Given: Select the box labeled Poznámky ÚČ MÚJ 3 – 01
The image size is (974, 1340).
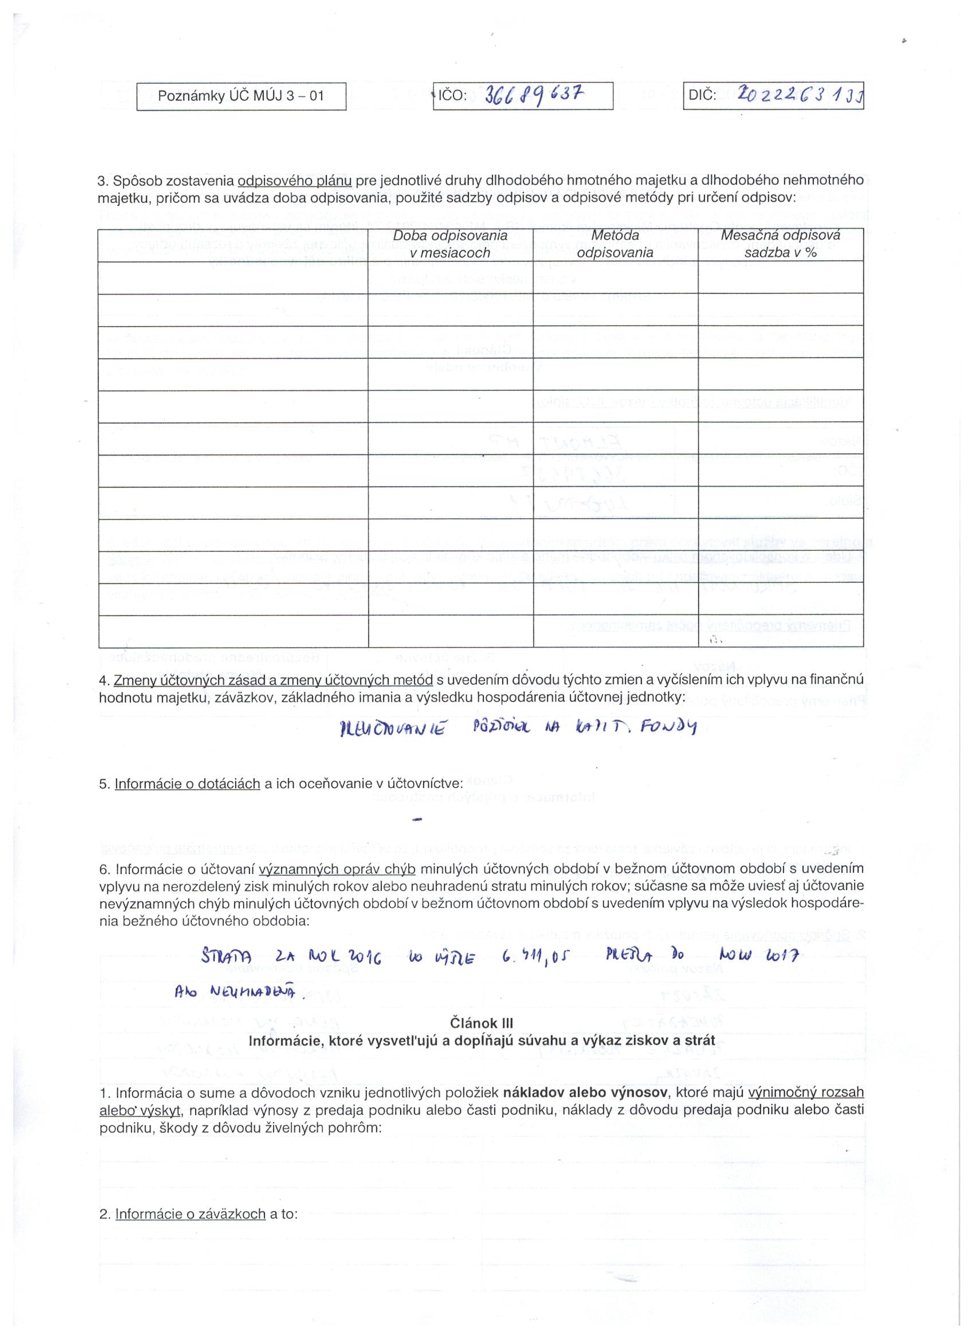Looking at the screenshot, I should click(x=241, y=96).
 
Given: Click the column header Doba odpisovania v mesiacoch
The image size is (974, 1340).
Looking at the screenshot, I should click(x=450, y=244).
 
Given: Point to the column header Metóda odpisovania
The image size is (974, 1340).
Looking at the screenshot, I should click(x=615, y=244).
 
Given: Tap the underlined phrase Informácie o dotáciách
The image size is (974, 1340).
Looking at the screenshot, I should click(x=187, y=784).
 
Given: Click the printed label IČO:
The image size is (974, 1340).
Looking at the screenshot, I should click(x=452, y=96).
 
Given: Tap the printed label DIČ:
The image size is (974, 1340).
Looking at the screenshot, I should click(x=702, y=96).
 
